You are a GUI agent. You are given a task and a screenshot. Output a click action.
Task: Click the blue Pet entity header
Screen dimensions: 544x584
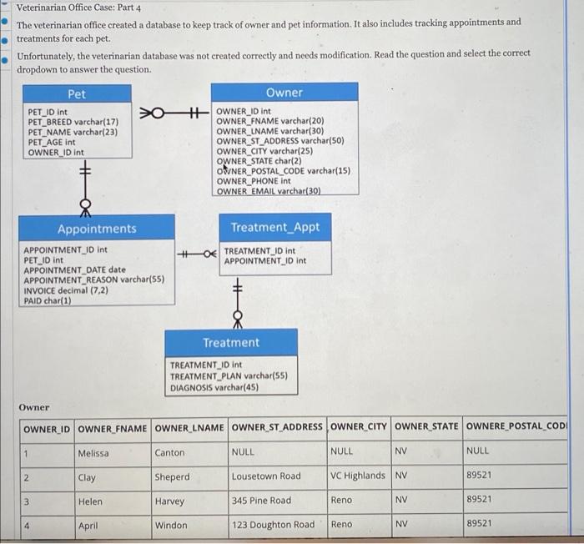[77, 94]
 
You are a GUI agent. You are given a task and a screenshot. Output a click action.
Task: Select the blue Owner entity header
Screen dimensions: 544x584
[284, 92]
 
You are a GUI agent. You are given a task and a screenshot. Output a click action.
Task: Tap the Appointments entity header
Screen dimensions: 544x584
[96, 228]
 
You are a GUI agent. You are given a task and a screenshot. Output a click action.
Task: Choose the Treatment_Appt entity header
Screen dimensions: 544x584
[274, 227]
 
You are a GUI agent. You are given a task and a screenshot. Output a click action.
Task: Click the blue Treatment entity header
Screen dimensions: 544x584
[231, 342]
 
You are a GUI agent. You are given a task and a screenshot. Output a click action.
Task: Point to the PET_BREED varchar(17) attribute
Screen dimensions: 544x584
[78, 122]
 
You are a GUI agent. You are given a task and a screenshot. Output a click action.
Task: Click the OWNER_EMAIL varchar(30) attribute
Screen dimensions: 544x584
[269, 192]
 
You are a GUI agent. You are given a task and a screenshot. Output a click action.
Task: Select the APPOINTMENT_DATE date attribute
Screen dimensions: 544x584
[74, 269]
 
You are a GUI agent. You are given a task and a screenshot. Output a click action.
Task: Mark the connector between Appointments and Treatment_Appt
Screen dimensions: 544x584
[197, 251]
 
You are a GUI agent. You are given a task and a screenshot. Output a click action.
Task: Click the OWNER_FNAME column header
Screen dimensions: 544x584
[112, 428]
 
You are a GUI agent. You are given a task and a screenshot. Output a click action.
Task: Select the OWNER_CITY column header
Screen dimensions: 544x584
[359, 427]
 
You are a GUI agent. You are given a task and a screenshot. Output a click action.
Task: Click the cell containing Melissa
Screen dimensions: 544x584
[92, 452]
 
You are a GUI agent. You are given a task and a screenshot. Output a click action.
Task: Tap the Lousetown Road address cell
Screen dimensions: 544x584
[266, 476]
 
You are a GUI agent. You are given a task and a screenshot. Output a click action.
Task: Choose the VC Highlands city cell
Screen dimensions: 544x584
[358, 476]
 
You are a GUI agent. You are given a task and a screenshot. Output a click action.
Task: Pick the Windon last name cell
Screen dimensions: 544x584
[171, 525]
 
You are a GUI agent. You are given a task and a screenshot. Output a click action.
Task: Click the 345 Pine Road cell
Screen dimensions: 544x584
[262, 501]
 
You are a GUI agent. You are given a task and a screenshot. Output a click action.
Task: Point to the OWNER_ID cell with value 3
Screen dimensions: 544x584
[27, 501]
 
